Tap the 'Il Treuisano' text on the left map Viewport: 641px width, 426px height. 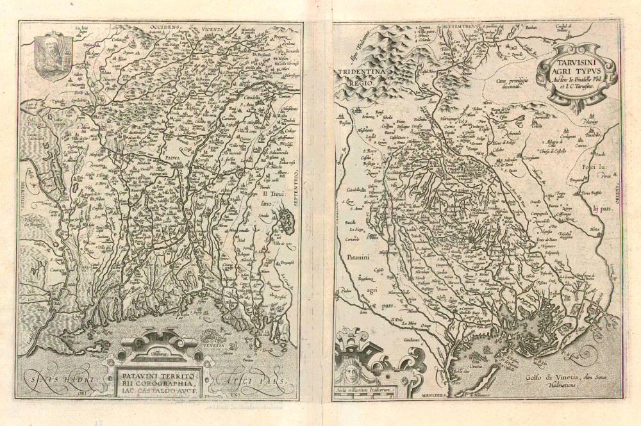point(272,196)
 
